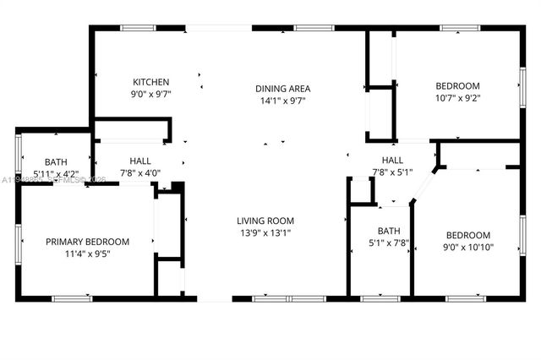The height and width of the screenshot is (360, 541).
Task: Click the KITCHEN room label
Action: coord(150,82)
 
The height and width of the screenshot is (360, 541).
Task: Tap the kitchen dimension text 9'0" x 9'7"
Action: coord(150,95)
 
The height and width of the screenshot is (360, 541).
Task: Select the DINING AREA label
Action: coord(283,88)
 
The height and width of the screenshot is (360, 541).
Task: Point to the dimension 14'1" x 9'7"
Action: coord(283,101)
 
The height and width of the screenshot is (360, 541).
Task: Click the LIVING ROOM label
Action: coord(265,221)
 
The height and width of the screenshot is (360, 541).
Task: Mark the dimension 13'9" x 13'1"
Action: coord(265,233)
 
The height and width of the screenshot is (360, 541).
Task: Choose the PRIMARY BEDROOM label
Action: coord(88,241)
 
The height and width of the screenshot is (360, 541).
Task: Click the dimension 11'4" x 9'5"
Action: coord(88,254)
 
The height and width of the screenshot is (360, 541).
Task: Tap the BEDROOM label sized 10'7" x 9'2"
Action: coord(457,85)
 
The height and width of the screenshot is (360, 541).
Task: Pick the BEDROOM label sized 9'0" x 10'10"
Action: coord(467,235)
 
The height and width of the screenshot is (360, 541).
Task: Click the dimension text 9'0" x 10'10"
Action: coord(467,248)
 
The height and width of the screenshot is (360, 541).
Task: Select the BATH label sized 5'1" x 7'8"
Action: coord(389,230)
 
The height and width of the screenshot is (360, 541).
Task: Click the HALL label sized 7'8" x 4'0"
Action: coord(140,161)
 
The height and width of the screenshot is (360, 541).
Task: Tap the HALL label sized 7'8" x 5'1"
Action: coord(392,160)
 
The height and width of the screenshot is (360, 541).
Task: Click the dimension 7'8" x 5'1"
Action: coord(392,172)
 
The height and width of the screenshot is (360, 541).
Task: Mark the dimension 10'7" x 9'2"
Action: coord(457,98)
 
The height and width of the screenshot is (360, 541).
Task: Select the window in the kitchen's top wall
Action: coord(138,28)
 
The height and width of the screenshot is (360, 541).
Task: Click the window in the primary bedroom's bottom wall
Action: coord(72,298)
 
